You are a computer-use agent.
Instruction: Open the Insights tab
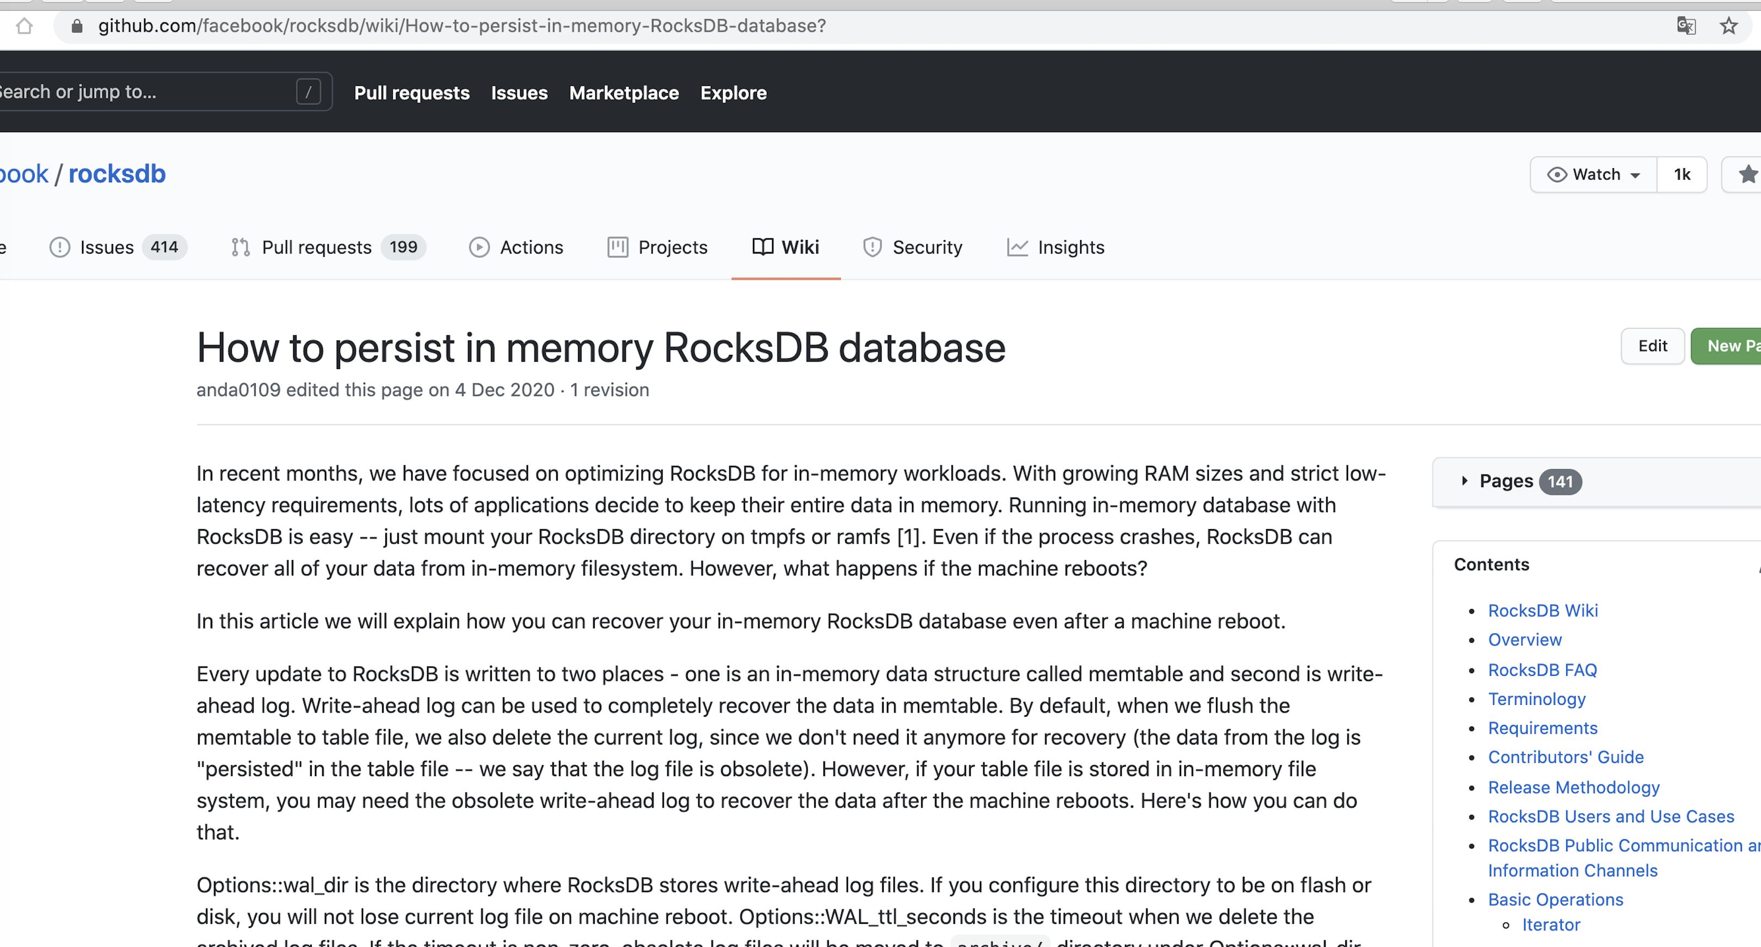1056,247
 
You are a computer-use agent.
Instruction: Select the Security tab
913,247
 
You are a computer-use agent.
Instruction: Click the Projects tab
657,247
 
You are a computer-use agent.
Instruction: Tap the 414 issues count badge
164,247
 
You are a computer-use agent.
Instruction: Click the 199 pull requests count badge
403,247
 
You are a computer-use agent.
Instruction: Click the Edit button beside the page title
1652,346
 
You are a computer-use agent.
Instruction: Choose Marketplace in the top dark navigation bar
624,93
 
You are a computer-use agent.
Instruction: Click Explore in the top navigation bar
733,93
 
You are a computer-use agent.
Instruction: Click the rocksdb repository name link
117,174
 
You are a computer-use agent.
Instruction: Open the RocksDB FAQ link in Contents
1542,669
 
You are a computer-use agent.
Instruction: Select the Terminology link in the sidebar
1536,699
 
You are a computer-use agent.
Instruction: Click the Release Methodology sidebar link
1573,787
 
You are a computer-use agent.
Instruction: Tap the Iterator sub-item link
1550,925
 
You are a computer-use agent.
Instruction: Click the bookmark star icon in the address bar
1728,26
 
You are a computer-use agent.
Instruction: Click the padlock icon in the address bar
77,26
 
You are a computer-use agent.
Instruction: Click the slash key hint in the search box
309,91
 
